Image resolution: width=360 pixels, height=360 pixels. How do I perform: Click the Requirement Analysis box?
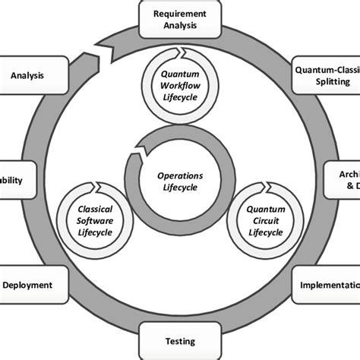click(x=180, y=19)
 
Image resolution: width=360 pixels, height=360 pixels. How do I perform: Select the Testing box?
click(x=180, y=341)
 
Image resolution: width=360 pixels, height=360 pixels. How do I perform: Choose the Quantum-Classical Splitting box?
click(x=327, y=75)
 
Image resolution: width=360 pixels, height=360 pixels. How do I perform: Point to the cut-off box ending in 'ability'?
click(x=15, y=181)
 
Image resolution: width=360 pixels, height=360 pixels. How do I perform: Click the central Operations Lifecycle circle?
click(x=180, y=181)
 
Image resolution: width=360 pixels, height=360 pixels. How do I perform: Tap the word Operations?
click(x=180, y=175)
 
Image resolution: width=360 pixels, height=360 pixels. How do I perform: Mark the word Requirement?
click(x=180, y=13)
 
